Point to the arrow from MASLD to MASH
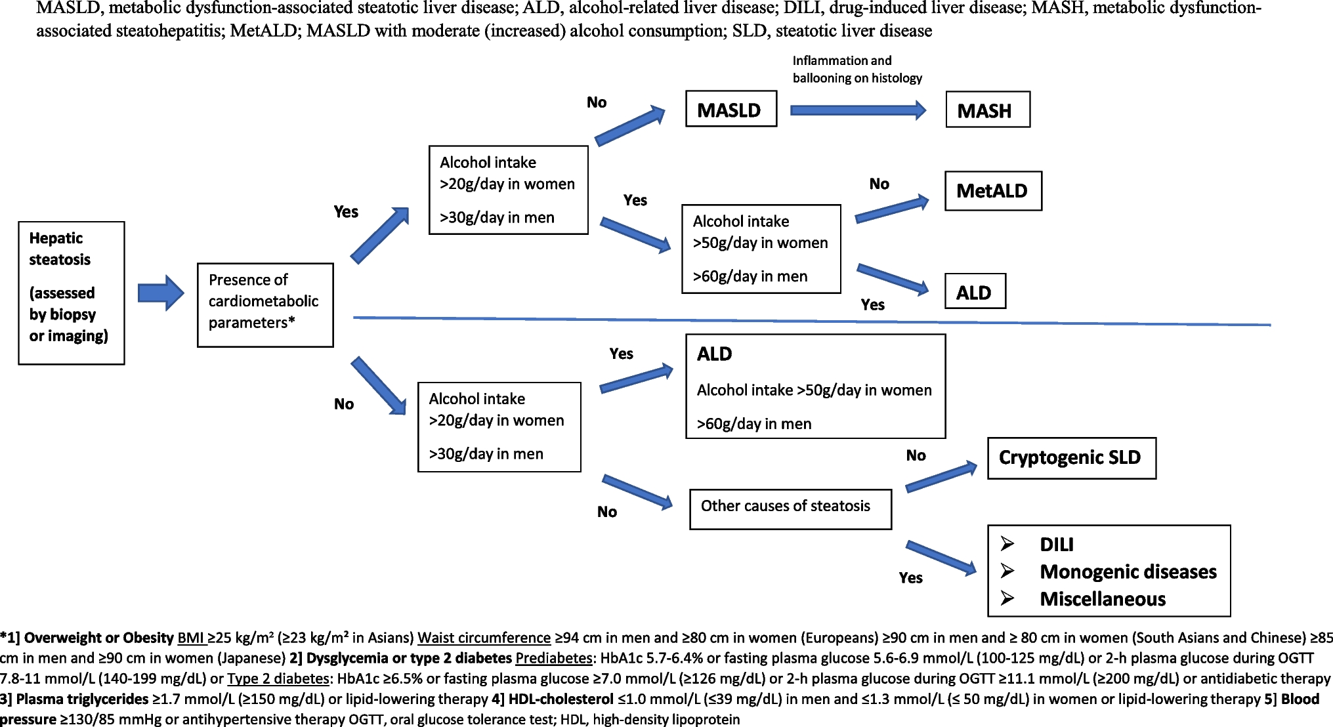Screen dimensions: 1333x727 click(858, 110)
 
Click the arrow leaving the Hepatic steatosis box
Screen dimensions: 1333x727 click(161, 293)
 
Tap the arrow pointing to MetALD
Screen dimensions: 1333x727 click(893, 209)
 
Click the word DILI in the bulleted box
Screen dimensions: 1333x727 click(1057, 545)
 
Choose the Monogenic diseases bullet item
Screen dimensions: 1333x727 click(1128, 572)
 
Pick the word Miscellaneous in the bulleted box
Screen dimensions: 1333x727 click(1103, 599)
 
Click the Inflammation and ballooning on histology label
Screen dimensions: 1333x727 click(857, 70)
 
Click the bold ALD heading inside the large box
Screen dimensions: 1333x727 click(714, 354)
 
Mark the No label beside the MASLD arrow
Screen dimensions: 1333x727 click(597, 102)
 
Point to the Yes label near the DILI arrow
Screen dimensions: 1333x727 click(911, 578)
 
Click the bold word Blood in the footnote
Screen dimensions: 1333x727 click(1300, 699)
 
